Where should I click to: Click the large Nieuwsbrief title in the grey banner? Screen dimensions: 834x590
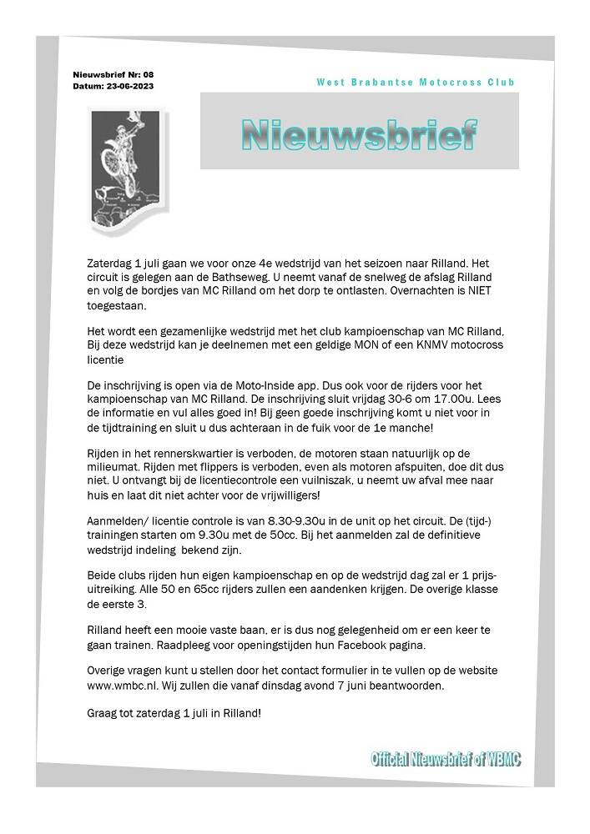point(359,133)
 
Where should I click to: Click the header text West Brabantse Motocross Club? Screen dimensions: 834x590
point(416,82)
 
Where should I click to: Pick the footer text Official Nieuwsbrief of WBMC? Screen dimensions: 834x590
point(446,759)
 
